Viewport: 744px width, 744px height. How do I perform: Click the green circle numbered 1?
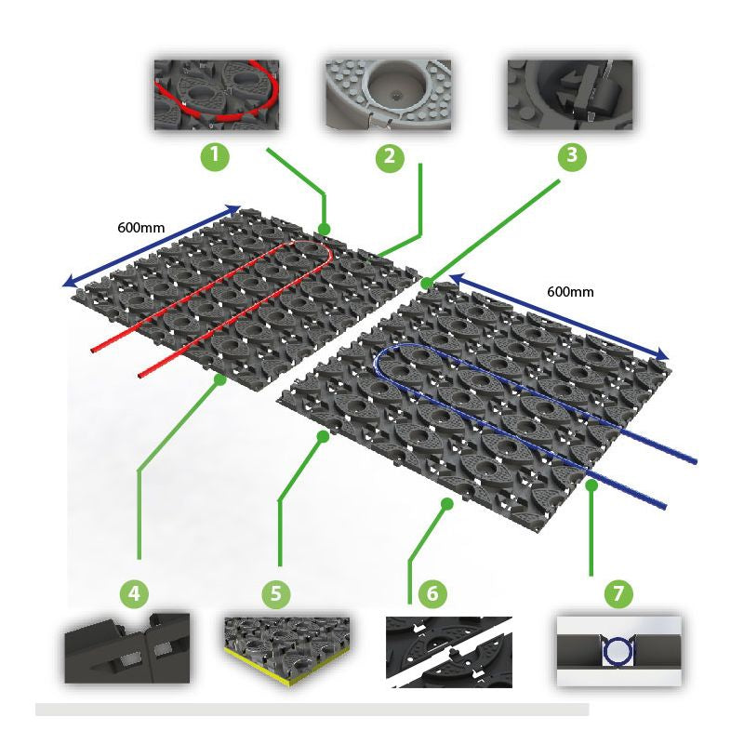point(215,156)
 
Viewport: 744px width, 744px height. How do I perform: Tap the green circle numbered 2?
point(390,157)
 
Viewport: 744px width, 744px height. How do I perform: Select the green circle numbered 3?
point(572,156)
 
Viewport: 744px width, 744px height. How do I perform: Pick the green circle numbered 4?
point(134,593)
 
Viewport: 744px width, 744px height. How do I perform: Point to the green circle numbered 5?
point(275,593)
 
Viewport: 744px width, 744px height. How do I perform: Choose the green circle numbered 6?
point(432,593)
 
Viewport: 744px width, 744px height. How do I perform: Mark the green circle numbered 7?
point(618,593)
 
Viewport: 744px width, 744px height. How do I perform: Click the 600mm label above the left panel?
point(141,228)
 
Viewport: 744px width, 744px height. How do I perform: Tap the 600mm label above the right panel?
point(570,291)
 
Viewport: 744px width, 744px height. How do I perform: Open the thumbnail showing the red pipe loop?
point(217,95)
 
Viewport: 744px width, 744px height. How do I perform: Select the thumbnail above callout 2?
point(388,95)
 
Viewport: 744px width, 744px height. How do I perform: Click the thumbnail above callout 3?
point(570,95)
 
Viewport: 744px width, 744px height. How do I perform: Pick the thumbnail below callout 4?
point(127,648)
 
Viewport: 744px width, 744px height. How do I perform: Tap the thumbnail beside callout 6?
point(449,652)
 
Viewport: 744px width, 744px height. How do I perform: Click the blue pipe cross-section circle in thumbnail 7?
point(618,652)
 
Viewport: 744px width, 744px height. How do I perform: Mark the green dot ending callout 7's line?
point(591,485)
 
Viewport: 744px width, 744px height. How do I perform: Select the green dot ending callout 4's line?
point(219,379)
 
